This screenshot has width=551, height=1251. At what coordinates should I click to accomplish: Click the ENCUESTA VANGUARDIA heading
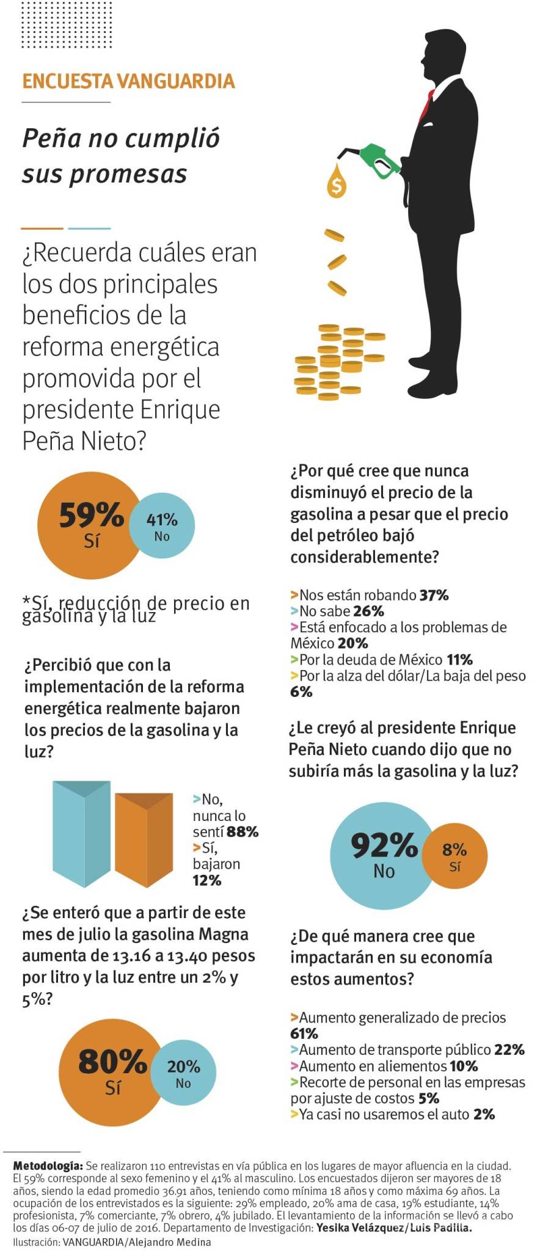128,81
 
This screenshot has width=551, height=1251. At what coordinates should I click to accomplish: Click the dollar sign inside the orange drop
336,184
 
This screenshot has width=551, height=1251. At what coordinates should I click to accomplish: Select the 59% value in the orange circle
92,515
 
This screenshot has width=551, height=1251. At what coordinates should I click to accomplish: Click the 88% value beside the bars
243,831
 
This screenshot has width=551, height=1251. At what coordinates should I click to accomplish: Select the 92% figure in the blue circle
384,846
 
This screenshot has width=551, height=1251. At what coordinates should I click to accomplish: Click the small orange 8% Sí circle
455,856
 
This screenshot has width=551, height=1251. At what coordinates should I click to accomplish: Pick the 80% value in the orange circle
113,1063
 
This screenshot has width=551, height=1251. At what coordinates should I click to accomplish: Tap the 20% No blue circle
183,1073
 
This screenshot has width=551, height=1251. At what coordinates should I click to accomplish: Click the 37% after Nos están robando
434,595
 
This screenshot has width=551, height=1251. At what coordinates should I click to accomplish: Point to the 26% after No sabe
369,611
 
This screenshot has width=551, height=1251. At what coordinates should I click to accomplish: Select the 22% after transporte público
509,1050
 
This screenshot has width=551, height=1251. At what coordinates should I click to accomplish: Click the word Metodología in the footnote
48,1166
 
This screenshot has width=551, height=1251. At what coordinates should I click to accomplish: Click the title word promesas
104,173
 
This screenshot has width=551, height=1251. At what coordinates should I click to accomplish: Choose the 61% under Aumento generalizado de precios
304,1034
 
